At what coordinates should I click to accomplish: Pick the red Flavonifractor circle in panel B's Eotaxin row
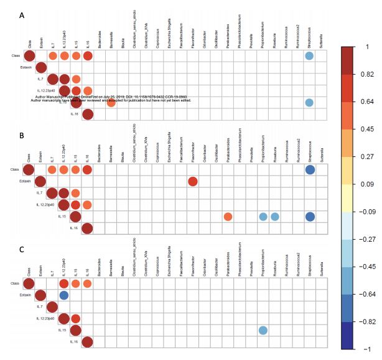pos(192,181)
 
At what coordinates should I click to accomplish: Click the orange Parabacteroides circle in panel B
pos(228,217)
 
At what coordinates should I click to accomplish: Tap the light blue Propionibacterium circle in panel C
pos(263,330)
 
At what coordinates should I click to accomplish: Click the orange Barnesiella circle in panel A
pos(110,103)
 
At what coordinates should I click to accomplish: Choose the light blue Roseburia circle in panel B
pos(274,217)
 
